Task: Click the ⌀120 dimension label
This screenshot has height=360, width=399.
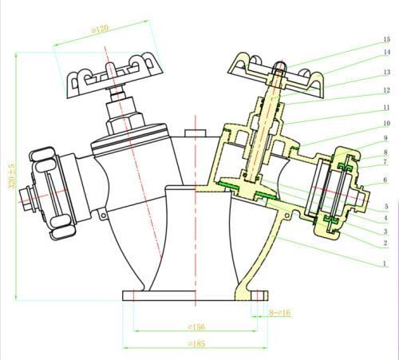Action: click(x=101, y=29)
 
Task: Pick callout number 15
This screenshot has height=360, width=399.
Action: click(x=386, y=38)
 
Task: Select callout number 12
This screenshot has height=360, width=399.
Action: click(x=385, y=90)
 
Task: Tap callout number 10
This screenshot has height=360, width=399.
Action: click(x=385, y=124)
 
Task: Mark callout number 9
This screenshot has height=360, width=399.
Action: click(x=385, y=138)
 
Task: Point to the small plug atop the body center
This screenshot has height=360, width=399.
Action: click(x=192, y=134)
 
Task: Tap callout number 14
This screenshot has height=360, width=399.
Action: click(x=386, y=53)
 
